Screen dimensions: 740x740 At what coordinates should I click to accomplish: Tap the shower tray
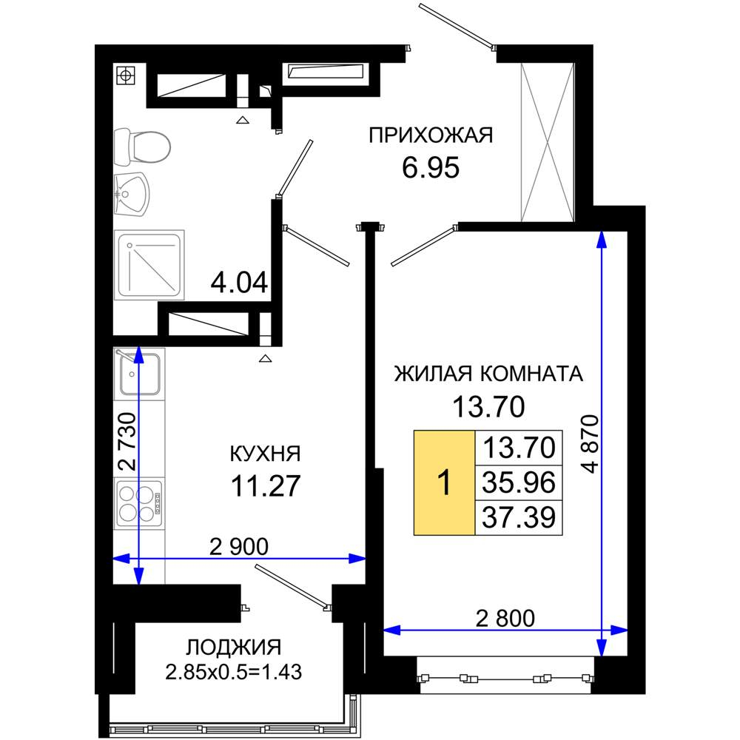pos(149,265)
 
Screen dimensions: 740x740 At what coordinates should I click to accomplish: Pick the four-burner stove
pos(139,503)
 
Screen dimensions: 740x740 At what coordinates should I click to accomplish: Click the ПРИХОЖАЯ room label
pos(431,135)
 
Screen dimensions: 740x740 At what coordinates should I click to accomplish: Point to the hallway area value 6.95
pos(431,167)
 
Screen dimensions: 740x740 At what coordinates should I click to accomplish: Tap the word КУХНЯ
pos(265,454)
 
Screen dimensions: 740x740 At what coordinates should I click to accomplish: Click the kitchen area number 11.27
pos(266,485)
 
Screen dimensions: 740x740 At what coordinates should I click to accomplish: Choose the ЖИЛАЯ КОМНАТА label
pos(488,374)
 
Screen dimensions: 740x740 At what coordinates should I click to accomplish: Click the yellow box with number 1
pos(444,482)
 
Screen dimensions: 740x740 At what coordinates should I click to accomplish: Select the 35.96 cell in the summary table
pos(519,482)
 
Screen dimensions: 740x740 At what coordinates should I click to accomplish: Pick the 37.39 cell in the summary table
pos(519,518)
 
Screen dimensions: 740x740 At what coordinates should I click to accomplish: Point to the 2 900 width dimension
pos(239,547)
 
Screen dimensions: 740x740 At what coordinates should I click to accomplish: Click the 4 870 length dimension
pos(591,443)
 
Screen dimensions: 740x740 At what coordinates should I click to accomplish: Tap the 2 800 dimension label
pos(505,618)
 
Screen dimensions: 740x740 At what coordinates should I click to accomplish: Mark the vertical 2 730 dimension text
pos(127,442)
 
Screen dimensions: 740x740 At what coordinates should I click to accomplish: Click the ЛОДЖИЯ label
pos(234,647)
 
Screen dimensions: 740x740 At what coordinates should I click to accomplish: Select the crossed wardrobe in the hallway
pos(548,141)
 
